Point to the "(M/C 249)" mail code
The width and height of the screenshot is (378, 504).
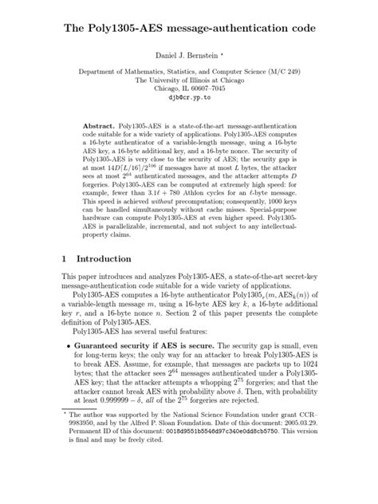283,72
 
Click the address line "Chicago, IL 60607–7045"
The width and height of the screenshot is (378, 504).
188,90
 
